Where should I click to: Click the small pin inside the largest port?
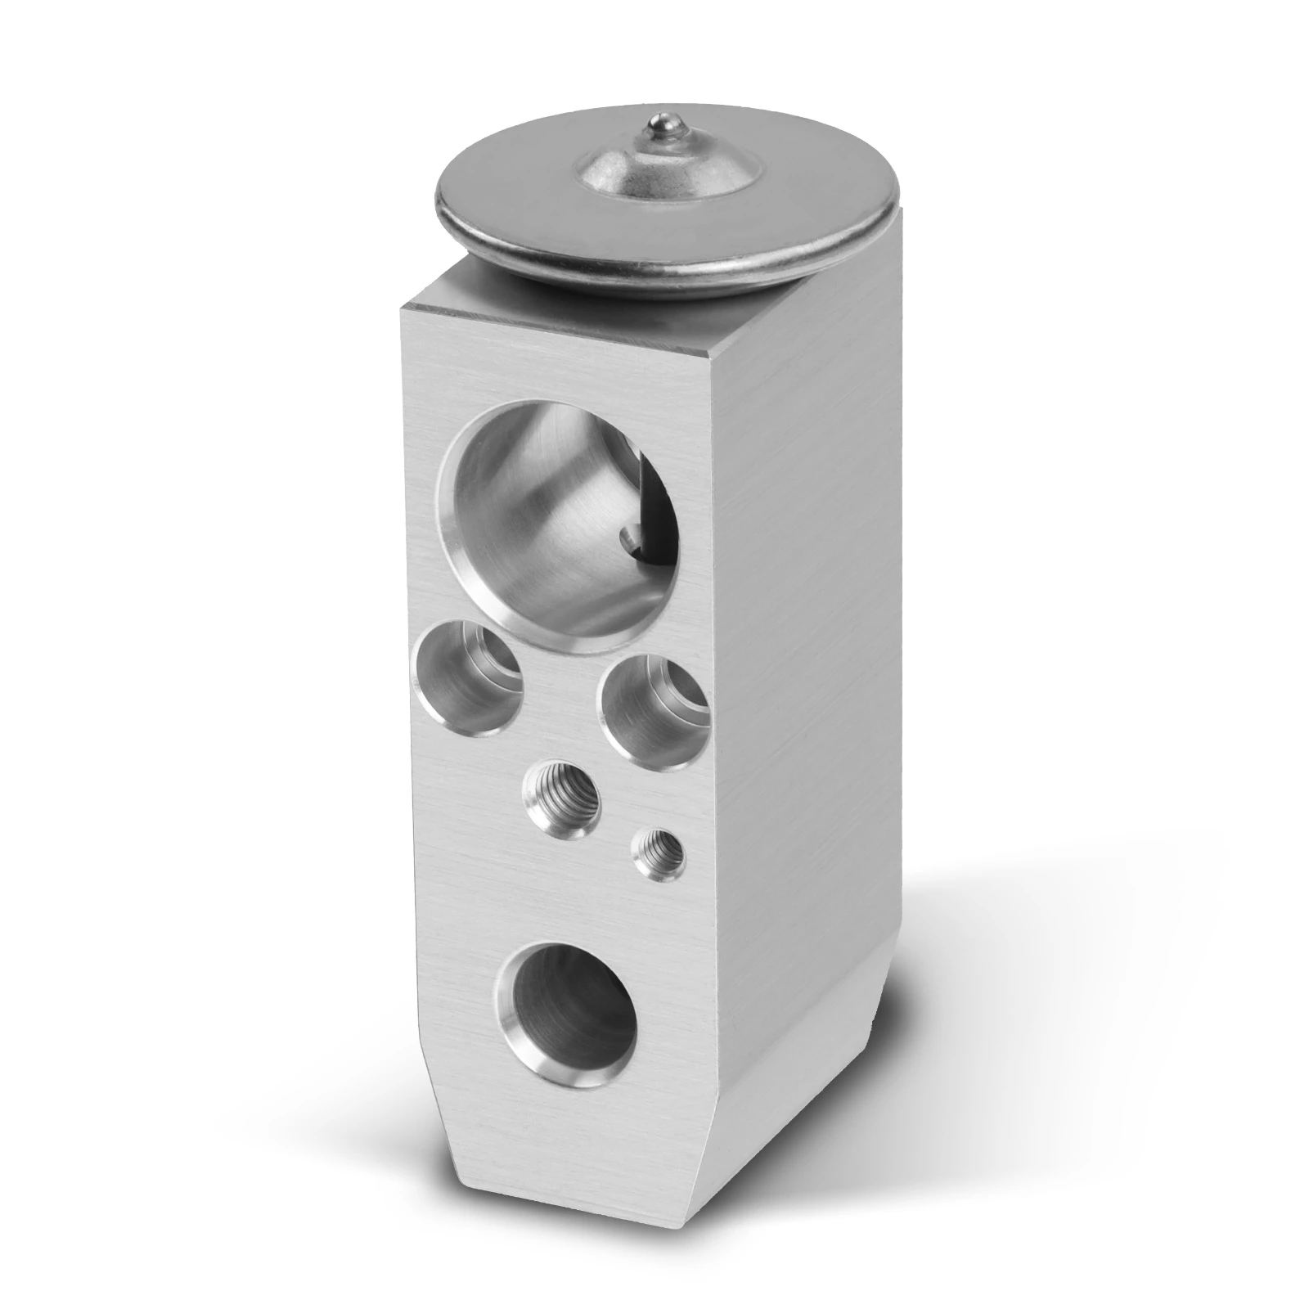tap(628, 537)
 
